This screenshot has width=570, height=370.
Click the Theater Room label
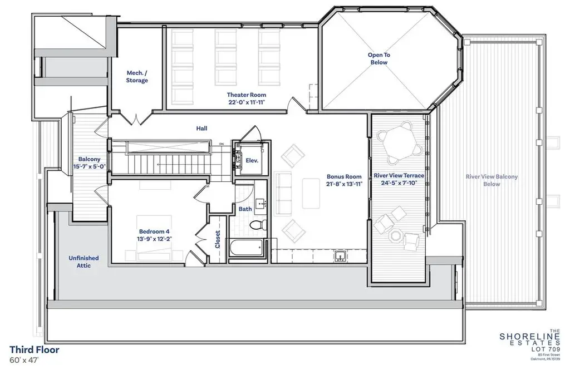(x=247, y=95)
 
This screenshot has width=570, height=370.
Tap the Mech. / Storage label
(x=137, y=77)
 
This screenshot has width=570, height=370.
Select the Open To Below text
(x=379, y=58)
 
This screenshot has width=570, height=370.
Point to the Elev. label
(x=252, y=160)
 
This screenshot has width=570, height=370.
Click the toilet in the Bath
(x=258, y=224)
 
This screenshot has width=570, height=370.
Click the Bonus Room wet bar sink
(x=340, y=256)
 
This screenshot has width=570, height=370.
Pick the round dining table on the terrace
(x=399, y=142)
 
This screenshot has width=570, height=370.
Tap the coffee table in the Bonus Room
(x=311, y=194)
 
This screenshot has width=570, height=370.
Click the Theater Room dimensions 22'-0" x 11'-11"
(x=247, y=102)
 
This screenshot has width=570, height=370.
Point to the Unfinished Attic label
(x=83, y=262)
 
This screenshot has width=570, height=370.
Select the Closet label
(x=218, y=239)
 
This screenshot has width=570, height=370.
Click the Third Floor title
(x=34, y=349)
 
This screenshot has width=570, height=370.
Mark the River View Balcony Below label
(x=492, y=180)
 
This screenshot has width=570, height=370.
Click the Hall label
(x=202, y=129)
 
